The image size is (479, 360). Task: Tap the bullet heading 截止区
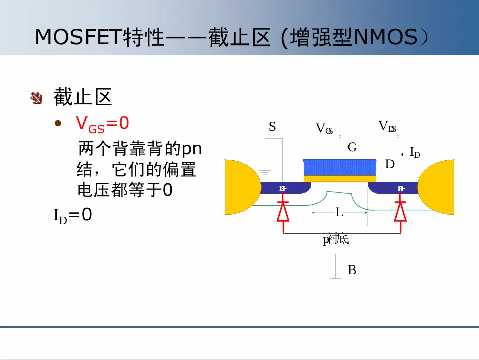82,98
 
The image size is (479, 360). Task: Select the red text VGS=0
103,123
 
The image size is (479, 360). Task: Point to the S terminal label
272,127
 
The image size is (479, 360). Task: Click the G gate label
352,147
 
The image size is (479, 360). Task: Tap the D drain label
389,164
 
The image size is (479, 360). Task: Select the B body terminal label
352,270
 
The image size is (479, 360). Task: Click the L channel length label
339,213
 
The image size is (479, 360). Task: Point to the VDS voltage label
387,126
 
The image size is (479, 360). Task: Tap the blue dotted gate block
339,167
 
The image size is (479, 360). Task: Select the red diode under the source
283,211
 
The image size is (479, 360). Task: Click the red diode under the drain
401,211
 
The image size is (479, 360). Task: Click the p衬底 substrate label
336,239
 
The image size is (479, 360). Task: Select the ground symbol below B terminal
335,279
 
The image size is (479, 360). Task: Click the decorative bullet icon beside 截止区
36,98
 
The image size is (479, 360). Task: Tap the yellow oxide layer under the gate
339,178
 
